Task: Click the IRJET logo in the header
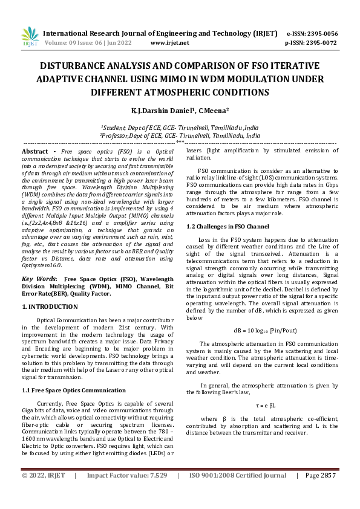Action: click(30, 37)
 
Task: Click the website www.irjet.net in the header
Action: click(169, 43)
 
